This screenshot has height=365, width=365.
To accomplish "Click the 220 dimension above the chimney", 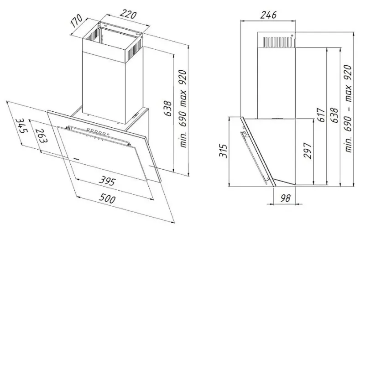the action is tap(128, 15).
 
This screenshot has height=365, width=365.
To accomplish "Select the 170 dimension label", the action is tap(76, 21).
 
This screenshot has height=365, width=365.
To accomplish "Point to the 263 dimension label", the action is tap(41, 136).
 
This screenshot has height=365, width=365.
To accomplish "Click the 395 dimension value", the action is tap(107, 181).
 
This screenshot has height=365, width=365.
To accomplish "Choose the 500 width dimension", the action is tap(107, 198).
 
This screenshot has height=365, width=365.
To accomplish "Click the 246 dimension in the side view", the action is tap(268, 15).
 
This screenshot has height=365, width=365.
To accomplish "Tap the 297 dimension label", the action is tap(308, 151).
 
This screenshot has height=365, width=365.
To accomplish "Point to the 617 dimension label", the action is tap(322, 115).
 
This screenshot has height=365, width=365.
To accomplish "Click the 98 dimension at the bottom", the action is tap(286, 198).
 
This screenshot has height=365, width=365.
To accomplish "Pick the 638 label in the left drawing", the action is tap(167, 108).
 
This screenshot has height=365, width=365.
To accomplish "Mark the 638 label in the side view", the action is tap(334, 115).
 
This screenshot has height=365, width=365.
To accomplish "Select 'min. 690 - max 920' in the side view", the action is tap(348, 109).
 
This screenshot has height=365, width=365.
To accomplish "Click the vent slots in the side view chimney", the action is tap(277, 42).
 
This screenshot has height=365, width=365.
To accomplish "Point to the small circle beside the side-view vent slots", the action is tap(292, 36).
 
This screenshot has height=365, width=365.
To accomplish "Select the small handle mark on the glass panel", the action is tap(76, 158).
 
